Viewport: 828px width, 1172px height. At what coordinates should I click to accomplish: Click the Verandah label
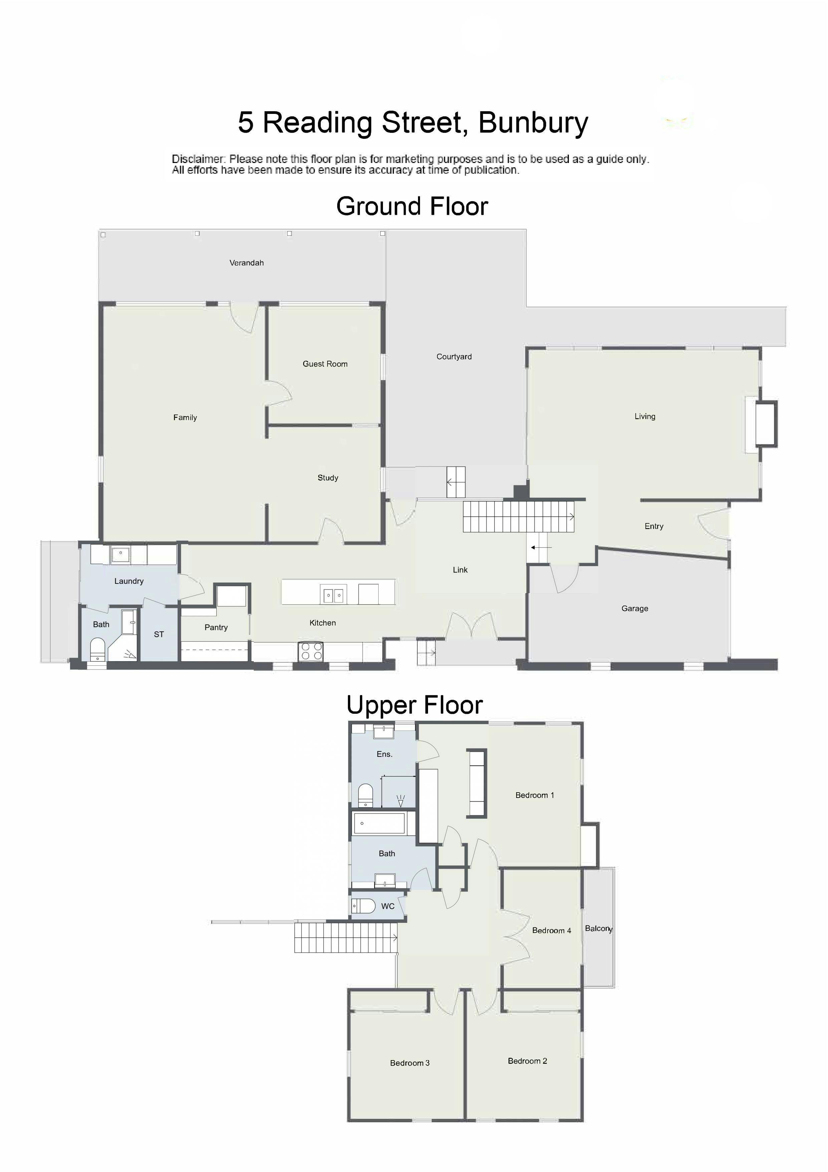click(246, 263)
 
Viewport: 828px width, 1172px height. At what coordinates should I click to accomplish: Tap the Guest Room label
click(325, 364)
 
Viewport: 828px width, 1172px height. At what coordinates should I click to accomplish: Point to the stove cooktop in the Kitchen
click(311, 652)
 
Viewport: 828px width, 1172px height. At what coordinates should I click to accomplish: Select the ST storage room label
click(159, 635)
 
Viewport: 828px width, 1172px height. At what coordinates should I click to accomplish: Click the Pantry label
click(216, 627)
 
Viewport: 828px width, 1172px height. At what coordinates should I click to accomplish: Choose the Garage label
click(635, 609)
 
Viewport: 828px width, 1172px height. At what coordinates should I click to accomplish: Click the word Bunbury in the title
click(533, 123)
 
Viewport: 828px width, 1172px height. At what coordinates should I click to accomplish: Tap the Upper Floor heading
click(414, 705)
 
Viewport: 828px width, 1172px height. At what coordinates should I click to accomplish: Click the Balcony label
click(598, 929)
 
